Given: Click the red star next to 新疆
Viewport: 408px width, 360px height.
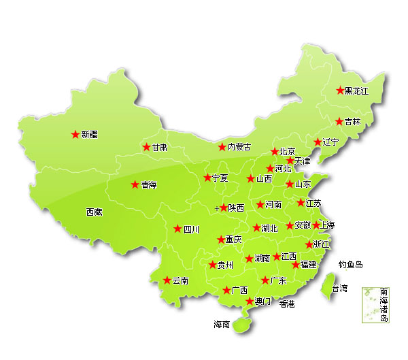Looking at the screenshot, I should click(75, 135).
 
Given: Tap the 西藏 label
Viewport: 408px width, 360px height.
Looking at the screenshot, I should click(94, 212).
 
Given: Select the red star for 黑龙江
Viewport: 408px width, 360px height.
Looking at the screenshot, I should click(340, 91).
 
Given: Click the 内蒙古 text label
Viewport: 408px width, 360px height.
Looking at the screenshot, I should click(239, 147).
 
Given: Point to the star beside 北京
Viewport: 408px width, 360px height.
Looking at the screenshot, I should click(275, 152).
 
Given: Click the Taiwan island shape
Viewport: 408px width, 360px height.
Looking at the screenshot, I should click(327, 282).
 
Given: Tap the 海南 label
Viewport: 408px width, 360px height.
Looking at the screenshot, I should click(222, 324).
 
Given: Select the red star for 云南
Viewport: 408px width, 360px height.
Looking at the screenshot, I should click(167, 280).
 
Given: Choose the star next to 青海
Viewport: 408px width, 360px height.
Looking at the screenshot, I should click(135, 184).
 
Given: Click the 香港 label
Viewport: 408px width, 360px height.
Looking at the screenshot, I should click(287, 304).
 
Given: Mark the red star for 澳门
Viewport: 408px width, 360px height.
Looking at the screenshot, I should click(250, 301).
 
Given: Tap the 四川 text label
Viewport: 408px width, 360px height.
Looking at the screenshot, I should click(192, 229).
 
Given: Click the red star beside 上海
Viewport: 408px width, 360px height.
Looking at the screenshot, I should click(316, 225).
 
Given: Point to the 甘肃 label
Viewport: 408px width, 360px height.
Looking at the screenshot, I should click(159, 147).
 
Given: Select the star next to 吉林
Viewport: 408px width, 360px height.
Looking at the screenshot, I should click(339, 122).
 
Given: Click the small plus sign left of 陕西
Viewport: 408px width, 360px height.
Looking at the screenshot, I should click(217, 208).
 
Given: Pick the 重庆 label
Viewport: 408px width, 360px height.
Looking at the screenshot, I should click(234, 240).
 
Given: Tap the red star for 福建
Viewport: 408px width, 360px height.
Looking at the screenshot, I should click(295, 264).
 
